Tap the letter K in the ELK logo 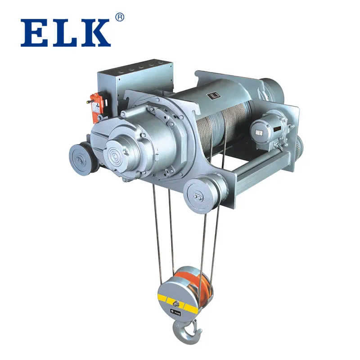[94, 33]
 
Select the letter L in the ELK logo [63, 33]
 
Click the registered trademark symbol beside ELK [119, 17]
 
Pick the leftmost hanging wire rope [157, 234]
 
